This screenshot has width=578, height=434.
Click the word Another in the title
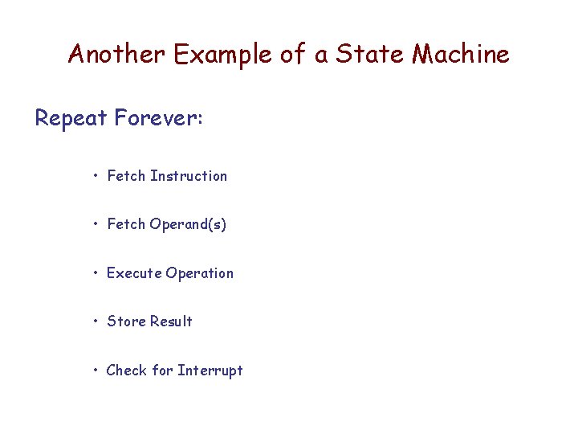tap(116, 55)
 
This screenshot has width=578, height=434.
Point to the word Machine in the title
tap(461, 55)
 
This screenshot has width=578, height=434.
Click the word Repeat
tap(71, 119)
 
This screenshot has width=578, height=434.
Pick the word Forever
tap(158, 119)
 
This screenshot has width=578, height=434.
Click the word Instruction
tap(189, 176)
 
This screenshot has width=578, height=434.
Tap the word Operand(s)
tap(189, 225)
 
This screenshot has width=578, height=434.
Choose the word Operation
tap(200, 273)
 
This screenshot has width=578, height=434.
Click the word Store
tap(126, 321)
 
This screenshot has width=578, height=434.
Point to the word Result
tap(171, 321)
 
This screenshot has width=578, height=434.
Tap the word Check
tap(127, 371)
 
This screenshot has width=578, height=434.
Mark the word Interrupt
tap(210, 371)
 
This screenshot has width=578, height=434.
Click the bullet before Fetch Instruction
tap(96, 176)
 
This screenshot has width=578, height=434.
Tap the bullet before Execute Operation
tap(96, 273)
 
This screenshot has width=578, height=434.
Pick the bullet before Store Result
tap(96, 321)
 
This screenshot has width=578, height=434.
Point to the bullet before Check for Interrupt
tap(96, 371)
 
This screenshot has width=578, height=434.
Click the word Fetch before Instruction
tap(126, 176)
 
